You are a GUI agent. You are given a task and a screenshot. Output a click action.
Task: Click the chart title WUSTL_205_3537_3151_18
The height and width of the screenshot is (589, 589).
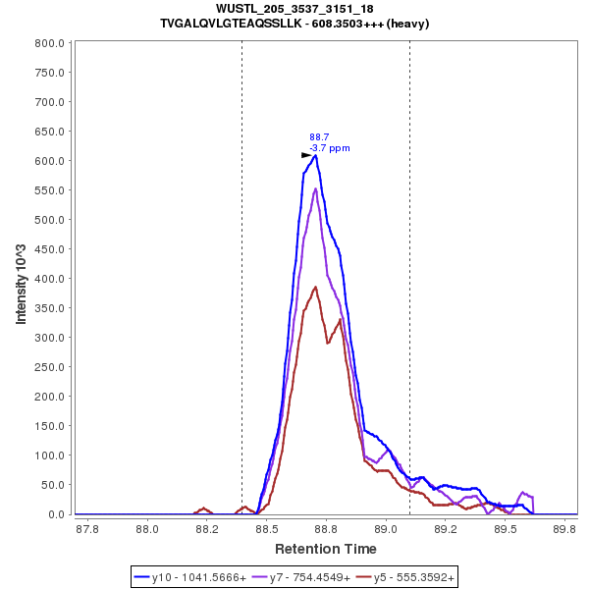coord(294,9)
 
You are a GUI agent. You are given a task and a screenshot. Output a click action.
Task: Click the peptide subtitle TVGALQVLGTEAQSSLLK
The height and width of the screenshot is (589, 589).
coord(294,23)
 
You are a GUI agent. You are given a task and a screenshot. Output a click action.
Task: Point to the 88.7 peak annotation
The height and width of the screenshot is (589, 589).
coord(319,137)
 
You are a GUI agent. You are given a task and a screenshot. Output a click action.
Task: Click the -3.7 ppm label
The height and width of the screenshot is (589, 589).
coord(330,148)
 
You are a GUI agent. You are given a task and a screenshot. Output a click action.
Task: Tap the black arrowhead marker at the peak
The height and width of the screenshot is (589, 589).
coord(306,155)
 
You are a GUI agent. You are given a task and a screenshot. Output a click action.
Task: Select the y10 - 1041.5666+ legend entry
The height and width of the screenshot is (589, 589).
coord(194,577)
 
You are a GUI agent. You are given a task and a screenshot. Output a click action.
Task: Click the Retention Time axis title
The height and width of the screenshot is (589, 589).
coord(325,549)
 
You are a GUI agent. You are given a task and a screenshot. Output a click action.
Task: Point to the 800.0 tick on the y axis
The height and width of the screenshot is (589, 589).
coord(48,43)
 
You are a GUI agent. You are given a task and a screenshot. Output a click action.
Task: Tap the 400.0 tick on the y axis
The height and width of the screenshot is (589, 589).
coord(48,279)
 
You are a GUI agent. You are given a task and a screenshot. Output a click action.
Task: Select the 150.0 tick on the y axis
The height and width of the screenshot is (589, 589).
coord(48,426)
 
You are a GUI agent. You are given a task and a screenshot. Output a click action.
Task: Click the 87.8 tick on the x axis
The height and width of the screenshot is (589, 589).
coord(87,529)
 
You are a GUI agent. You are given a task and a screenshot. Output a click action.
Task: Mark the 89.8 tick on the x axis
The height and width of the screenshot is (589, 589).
coord(564,529)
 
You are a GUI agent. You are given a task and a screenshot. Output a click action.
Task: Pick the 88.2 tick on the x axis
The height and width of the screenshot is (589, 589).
coord(206,529)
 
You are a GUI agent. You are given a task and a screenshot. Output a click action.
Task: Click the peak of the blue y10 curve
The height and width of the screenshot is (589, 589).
coord(315,155)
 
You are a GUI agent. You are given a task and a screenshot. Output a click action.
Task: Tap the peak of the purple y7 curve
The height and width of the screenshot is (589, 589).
coord(315,188)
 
